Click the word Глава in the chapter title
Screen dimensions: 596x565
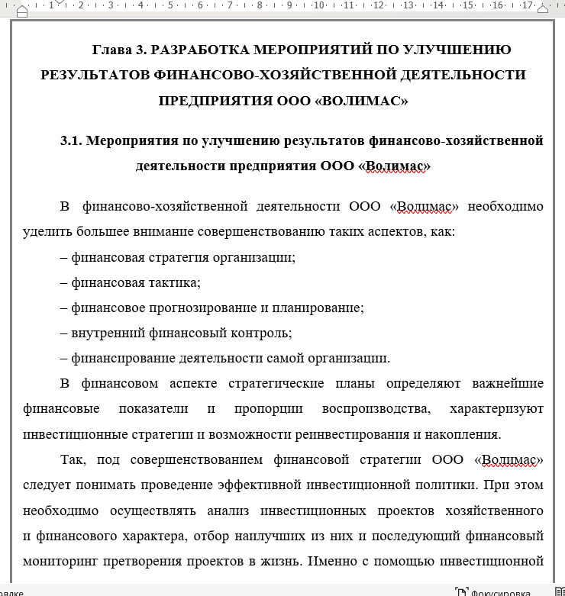[111, 50]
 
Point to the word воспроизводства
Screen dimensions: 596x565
[376, 409]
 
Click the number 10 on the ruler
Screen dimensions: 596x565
[318, 6]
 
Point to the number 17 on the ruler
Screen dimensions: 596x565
[526, 6]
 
